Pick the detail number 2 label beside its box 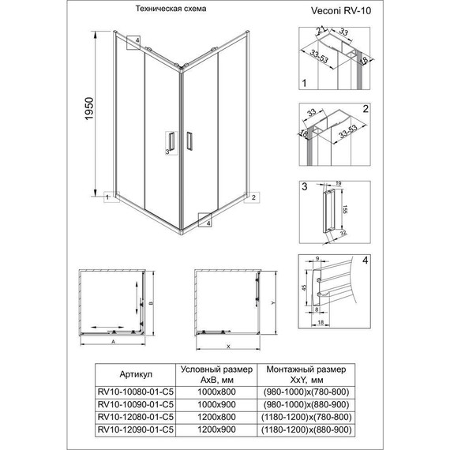click(365, 109)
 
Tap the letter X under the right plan click(227, 347)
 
